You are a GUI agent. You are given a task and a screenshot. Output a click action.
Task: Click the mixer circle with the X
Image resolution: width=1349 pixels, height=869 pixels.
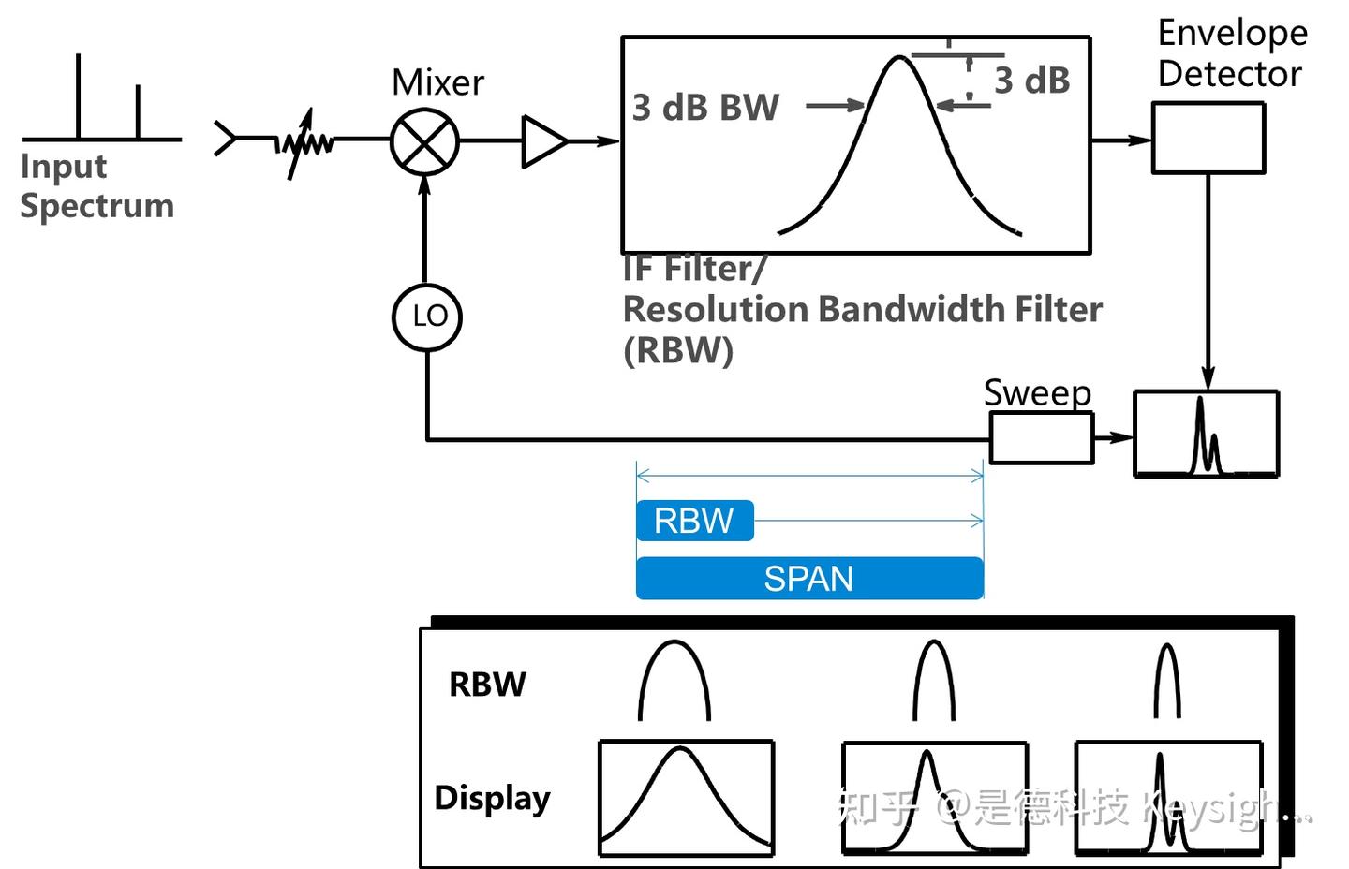[x=424, y=142]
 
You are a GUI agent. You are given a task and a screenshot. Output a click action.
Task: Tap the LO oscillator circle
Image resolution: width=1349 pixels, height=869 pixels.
[x=427, y=317]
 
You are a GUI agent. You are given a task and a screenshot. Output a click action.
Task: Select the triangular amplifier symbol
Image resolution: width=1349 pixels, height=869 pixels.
[x=543, y=141]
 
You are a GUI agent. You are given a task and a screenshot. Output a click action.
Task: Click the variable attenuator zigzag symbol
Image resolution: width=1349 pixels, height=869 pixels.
[x=306, y=143]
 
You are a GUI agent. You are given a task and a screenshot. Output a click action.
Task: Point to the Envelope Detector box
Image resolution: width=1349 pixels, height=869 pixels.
[x=1208, y=139]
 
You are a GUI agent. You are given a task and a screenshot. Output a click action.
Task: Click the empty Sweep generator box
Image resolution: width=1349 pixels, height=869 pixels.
[x=1041, y=437]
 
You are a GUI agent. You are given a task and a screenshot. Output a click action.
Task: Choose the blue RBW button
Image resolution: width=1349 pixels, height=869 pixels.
[x=694, y=521]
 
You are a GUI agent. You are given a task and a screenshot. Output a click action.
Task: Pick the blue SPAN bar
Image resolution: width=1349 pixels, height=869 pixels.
[x=809, y=578]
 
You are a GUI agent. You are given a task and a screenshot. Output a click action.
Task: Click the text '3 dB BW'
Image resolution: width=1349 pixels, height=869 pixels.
[x=705, y=108]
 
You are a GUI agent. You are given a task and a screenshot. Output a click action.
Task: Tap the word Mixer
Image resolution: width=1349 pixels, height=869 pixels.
[x=437, y=82]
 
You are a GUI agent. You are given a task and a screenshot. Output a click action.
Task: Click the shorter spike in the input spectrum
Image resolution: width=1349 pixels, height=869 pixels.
[x=138, y=112]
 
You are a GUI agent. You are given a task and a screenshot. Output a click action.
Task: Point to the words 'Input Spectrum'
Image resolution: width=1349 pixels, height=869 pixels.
[x=96, y=185]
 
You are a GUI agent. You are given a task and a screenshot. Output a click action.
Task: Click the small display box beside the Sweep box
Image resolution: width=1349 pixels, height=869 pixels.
[x=1206, y=434]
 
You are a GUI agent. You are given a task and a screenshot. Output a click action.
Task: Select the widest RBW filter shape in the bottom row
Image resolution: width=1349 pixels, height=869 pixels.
[x=674, y=681]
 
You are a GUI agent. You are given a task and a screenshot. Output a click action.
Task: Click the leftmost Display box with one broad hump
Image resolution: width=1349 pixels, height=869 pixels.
[x=686, y=797]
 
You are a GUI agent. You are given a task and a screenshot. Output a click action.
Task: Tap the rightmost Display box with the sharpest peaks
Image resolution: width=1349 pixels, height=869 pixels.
[x=1167, y=798]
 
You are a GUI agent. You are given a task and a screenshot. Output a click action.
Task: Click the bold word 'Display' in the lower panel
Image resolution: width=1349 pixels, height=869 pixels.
[x=492, y=798]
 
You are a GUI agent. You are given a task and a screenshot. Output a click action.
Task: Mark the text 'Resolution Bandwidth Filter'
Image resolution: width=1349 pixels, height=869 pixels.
[x=862, y=309]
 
